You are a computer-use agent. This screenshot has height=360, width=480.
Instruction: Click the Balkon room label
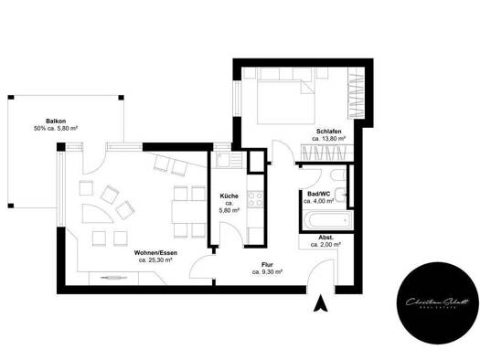[56, 120]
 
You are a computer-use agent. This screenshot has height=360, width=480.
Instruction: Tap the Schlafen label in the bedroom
[329, 132]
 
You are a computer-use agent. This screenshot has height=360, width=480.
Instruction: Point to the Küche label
[229, 196]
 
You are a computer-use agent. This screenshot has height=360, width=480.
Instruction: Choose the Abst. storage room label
[326, 237]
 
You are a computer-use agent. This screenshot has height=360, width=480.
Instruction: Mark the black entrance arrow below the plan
[319, 307]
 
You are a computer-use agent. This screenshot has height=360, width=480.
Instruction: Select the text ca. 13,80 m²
[329, 141]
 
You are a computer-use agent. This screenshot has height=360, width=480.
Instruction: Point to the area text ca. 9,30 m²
[266, 271]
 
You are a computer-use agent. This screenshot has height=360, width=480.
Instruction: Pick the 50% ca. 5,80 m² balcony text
[56, 129]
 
